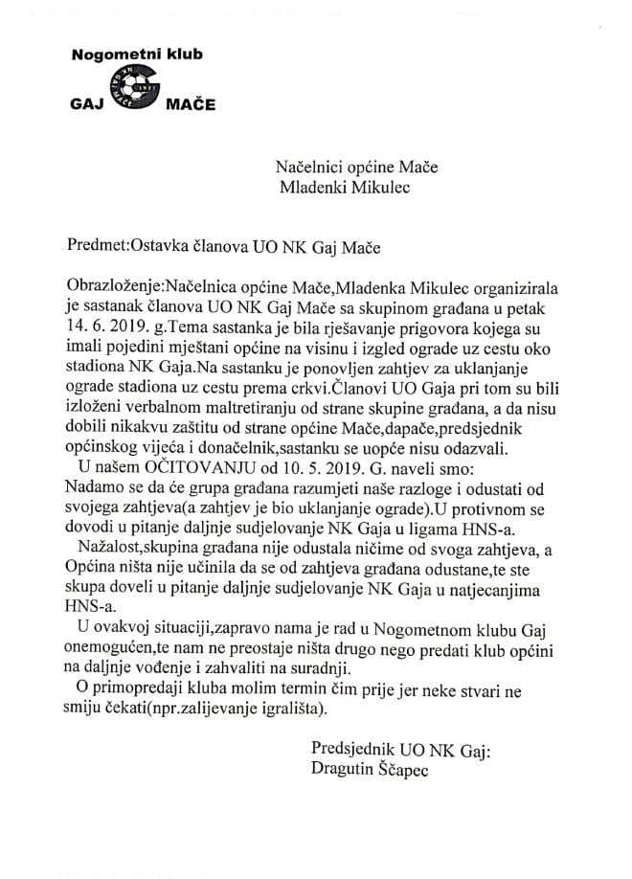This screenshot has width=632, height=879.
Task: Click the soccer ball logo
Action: point(134,94)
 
